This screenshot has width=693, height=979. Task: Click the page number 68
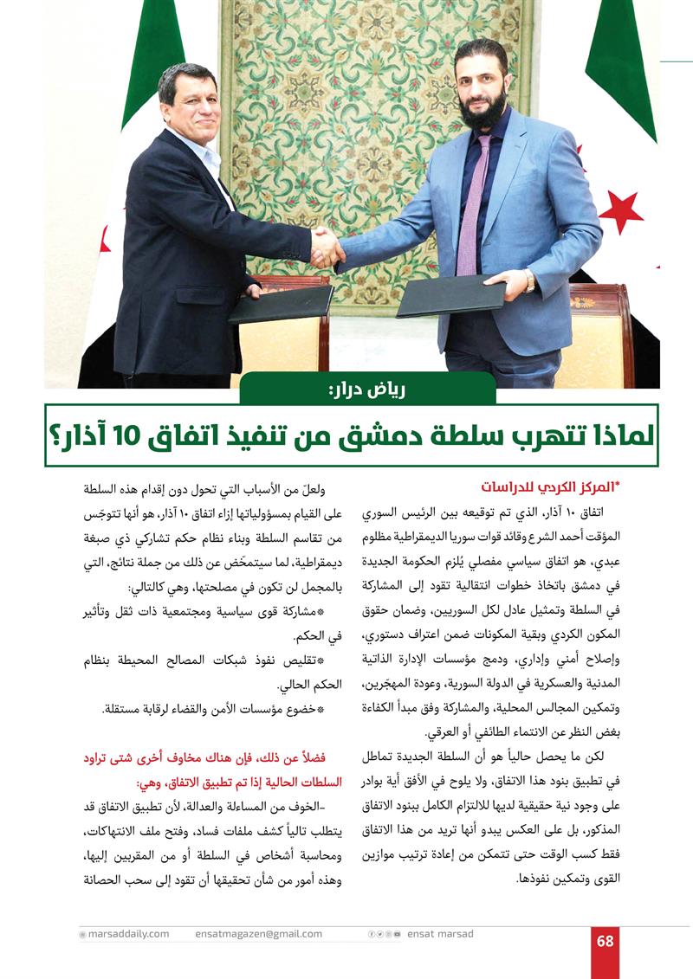click(x=605, y=941)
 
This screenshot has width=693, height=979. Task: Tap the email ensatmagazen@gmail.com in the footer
click(x=259, y=934)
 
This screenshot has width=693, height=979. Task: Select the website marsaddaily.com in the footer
click(x=124, y=934)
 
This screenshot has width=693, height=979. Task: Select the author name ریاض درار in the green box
click(x=368, y=389)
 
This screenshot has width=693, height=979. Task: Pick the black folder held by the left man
click(x=282, y=304)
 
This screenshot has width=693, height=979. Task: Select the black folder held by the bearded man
click(x=450, y=295)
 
